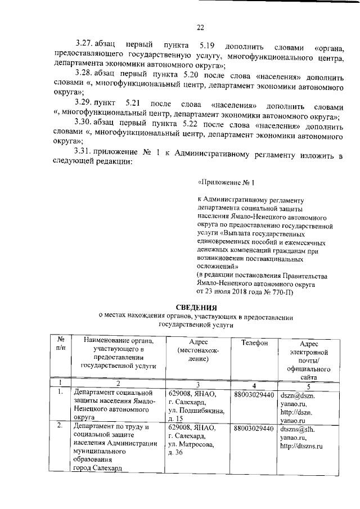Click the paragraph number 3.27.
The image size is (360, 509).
point(84,44)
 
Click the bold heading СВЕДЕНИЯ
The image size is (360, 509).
point(196,308)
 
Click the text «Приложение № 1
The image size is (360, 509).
point(227,183)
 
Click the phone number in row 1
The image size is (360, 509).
point(254,395)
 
